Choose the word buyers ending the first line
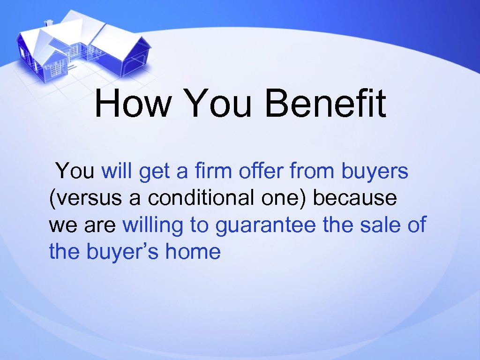point(375,172)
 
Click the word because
point(354,198)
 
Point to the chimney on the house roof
point(48,22)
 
